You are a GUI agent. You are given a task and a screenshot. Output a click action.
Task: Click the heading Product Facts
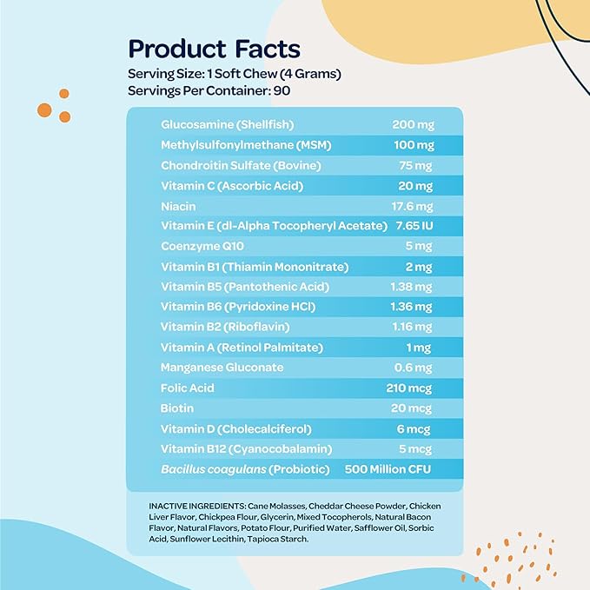click(214, 48)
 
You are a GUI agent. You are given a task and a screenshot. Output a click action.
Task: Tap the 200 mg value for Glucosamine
click(412, 124)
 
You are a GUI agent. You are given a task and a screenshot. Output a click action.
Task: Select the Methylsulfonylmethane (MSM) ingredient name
click(247, 144)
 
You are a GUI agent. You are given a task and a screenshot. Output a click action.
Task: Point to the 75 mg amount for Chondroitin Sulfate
click(415, 165)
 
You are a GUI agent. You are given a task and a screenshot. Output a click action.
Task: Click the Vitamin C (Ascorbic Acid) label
click(229, 185)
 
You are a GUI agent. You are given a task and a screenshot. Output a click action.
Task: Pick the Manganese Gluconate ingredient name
click(222, 368)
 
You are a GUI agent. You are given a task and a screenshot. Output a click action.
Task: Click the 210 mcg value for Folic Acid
click(410, 388)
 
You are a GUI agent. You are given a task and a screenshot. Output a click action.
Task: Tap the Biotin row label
click(177, 408)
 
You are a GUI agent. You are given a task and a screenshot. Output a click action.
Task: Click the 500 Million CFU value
click(388, 470)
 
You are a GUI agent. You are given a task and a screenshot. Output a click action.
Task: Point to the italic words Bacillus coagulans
click(212, 470)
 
